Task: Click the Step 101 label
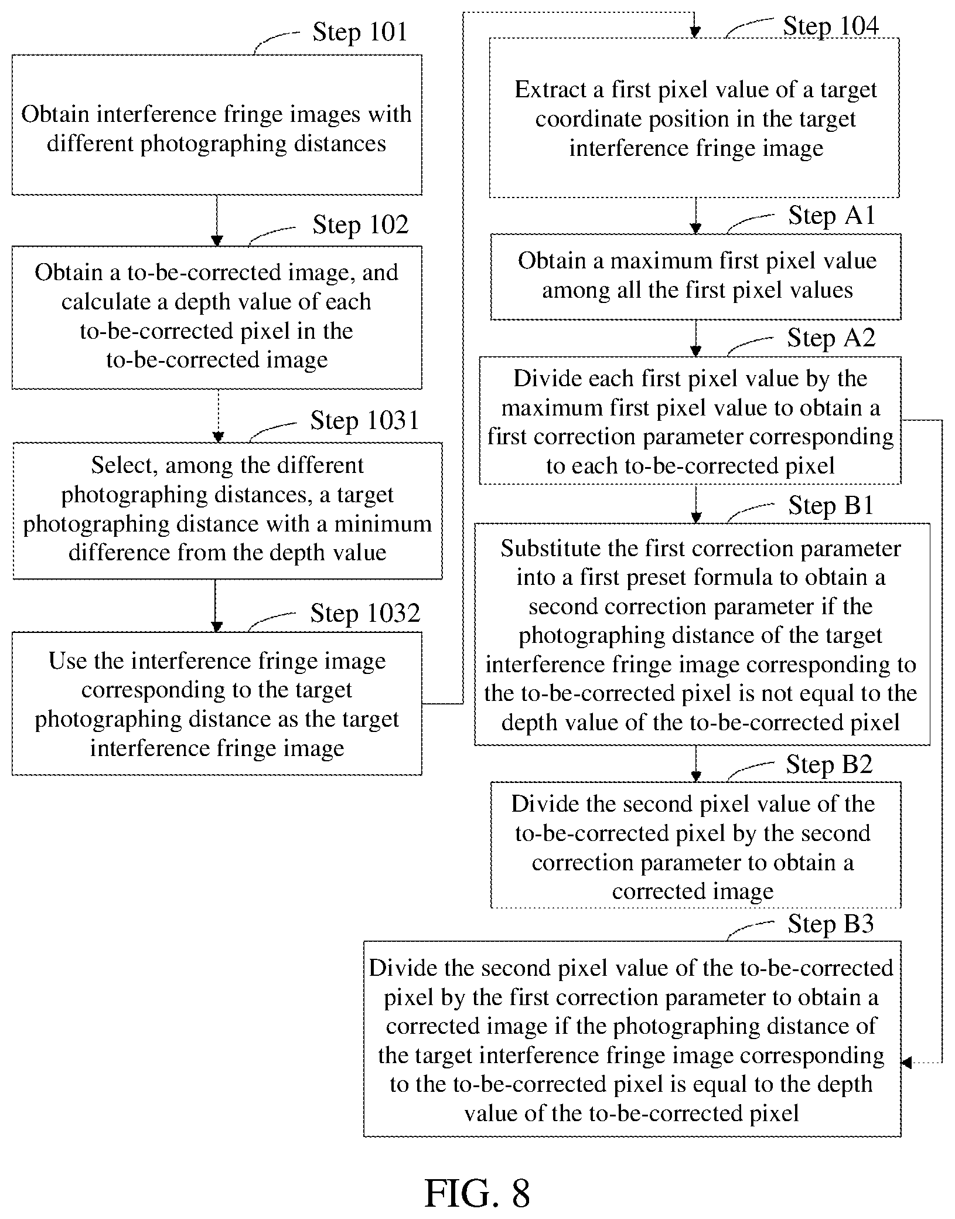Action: point(360,32)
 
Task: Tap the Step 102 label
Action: point(360,225)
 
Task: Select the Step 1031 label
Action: point(365,420)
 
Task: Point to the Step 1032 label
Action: point(365,613)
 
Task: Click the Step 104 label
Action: point(831,26)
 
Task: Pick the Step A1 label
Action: point(832,216)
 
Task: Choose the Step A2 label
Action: point(831,338)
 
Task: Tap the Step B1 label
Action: point(831,505)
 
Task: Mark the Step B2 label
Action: point(830,764)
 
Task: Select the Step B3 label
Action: point(831,924)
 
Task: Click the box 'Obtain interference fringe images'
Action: point(217,125)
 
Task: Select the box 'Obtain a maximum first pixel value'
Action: point(695,277)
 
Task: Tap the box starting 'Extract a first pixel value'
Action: point(694,118)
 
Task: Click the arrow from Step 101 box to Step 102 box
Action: point(217,220)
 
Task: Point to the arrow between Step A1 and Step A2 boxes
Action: point(695,338)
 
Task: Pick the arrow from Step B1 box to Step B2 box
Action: point(695,764)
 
